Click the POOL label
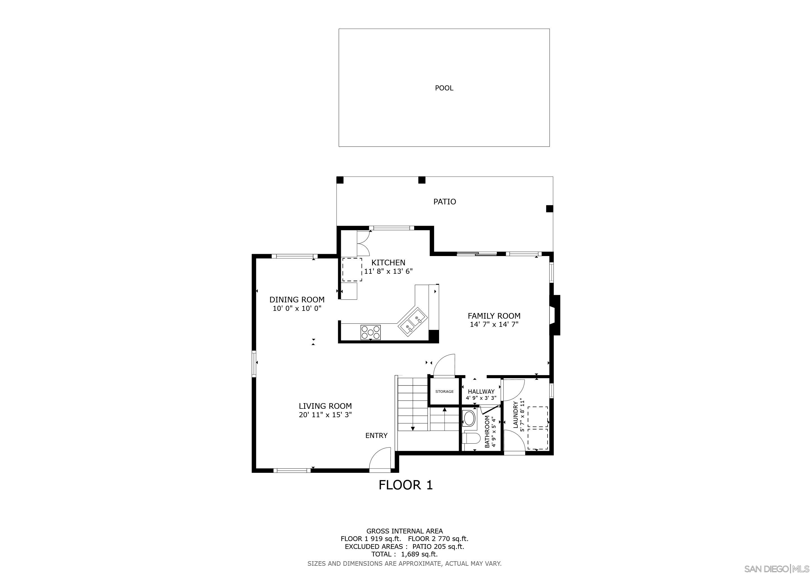click(444, 88)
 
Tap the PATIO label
click(444, 202)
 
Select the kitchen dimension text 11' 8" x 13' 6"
click(388, 271)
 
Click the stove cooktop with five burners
click(370, 332)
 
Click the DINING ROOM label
click(297, 300)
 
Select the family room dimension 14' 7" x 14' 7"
click(494, 325)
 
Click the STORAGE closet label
click(444, 392)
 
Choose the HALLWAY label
click(481, 392)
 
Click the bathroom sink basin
click(469, 418)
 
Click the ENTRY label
click(376, 436)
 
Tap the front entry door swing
click(380, 460)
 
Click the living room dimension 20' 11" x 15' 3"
click(325, 415)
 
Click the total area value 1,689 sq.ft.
click(419, 555)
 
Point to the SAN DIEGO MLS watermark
click(777, 569)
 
